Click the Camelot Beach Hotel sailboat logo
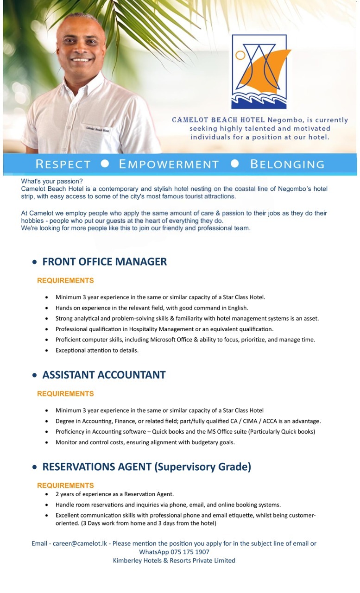point(259,71)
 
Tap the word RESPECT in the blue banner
point(63,164)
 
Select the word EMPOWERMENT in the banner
point(169,164)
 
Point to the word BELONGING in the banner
point(287,164)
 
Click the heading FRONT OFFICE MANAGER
point(104,262)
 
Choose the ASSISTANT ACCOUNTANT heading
point(104,375)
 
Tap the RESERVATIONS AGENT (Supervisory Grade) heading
point(146,467)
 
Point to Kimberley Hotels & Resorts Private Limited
point(174,561)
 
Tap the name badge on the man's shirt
point(97,129)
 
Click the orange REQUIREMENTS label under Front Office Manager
point(65,280)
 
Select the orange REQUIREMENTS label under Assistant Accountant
point(65,393)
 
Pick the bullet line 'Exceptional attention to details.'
point(97,350)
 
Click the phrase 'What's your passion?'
point(51,181)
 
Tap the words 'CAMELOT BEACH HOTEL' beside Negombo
point(218,120)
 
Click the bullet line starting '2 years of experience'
point(114,494)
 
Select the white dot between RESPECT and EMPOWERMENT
point(105,164)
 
